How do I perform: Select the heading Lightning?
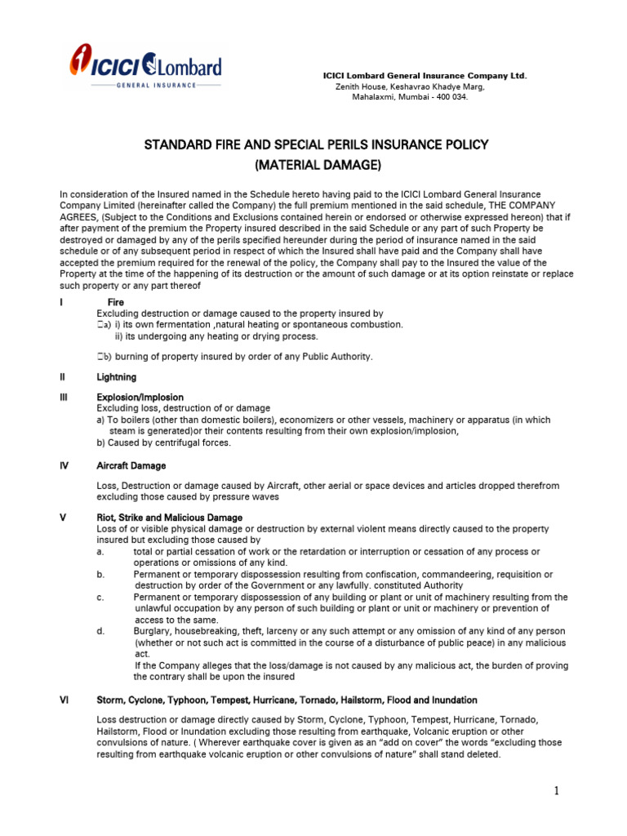click(117, 378)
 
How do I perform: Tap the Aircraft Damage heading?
click(131, 466)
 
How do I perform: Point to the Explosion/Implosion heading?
click(140, 398)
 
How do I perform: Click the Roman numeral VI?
click(64, 700)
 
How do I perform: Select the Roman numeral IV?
click(64, 466)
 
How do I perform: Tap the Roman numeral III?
click(64, 398)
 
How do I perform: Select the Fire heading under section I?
click(116, 303)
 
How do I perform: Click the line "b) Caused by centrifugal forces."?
click(163, 443)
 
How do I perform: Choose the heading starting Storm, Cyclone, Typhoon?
click(287, 700)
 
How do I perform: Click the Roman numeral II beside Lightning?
click(63, 378)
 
